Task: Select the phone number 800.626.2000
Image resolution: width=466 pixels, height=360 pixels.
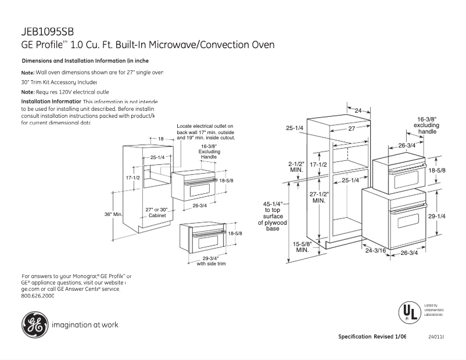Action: click(x=38, y=296)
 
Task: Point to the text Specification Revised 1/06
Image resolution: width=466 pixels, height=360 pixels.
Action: click(x=372, y=337)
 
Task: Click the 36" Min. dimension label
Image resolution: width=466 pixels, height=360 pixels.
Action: click(x=114, y=214)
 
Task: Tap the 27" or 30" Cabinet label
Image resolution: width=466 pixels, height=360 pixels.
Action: click(x=157, y=213)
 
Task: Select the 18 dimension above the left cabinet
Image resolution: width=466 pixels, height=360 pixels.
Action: click(x=161, y=139)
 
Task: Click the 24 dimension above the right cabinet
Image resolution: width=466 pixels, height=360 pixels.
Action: click(x=358, y=110)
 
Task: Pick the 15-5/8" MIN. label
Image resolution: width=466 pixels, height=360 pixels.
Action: click(x=302, y=247)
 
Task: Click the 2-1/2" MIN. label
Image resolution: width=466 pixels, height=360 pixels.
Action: click(x=296, y=167)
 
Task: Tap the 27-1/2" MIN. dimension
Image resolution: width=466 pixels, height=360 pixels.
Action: click(x=319, y=197)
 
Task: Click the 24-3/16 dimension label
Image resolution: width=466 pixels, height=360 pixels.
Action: click(x=376, y=250)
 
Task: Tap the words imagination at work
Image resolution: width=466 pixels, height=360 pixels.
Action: click(x=85, y=325)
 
